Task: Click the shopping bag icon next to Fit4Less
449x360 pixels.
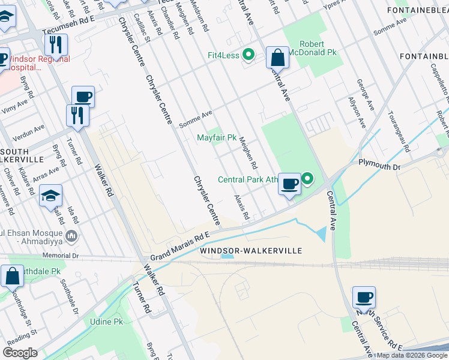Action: (277, 58)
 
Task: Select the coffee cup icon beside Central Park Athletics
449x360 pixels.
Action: (289, 183)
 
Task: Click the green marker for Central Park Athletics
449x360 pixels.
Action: (307, 178)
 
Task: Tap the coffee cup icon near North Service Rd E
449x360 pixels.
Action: (363, 297)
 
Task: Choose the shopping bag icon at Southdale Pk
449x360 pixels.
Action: (12, 276)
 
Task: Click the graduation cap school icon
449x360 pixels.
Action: (50, 195)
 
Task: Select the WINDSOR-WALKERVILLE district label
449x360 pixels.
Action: (250, 250)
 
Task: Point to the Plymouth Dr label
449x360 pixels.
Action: (379, 163)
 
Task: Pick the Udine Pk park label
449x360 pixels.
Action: (106, 322)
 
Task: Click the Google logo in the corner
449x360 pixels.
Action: (20, 353)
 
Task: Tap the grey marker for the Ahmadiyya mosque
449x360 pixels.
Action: (72, 236)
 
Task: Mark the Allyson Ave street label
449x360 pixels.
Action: (358, 114)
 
